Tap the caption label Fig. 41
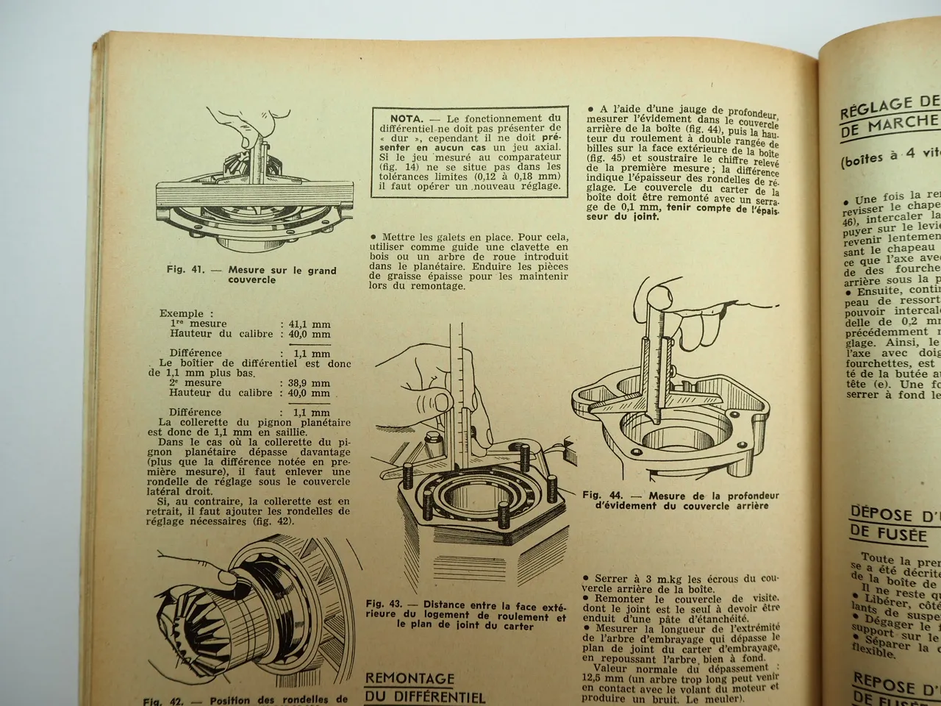[x=185, y=270]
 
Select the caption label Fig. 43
[x=384, y=604]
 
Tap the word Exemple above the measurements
[x=182, y=314]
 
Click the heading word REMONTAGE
[x=409, y=677]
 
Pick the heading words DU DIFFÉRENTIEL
[x=424, y=696]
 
